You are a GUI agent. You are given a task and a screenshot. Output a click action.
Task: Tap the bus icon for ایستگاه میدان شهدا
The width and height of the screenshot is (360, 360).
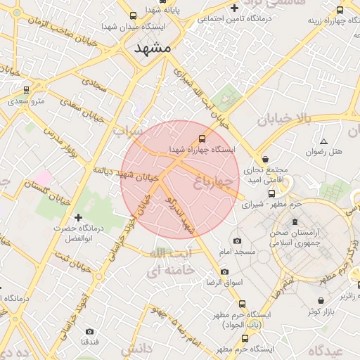coord(133,15)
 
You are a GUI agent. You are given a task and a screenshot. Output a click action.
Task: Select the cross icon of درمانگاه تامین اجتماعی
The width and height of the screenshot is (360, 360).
coord(234,8)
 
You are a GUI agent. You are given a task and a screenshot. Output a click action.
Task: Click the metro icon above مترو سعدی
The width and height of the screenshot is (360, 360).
coord(27,90)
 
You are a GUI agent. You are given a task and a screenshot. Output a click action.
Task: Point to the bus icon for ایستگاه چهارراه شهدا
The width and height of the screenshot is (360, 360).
coord(202,139)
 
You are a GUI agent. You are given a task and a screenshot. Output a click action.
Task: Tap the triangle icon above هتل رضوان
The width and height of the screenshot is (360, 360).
coord(323,141)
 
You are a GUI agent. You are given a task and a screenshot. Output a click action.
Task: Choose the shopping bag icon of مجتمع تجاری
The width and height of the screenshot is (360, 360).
coord(265,159)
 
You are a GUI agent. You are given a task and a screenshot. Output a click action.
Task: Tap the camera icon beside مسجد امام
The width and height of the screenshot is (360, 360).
coord(237,240)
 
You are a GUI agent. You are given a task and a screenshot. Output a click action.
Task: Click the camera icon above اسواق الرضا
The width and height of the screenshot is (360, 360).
coord(224,271)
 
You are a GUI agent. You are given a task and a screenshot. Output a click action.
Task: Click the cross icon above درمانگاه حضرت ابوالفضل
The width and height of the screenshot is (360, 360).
coord(78,217)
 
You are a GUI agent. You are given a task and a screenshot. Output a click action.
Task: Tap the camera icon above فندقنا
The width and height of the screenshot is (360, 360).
coord(89,331)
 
